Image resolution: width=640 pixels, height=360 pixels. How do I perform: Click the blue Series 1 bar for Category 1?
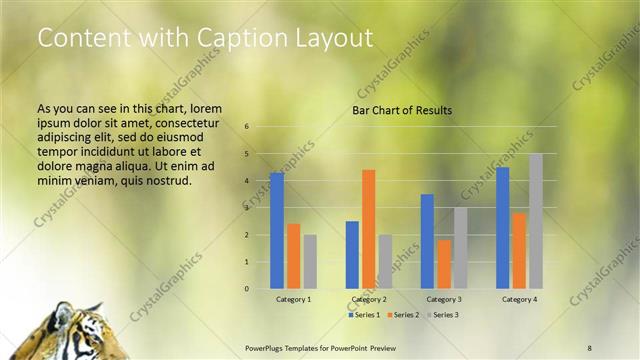[x=277, y=231]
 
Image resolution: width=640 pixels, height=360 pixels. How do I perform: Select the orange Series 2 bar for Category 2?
[x=368, y=229]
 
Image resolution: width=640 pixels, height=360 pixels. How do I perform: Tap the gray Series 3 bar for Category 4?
[x=535, y=221]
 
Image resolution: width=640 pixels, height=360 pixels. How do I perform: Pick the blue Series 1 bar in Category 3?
[x=427, y=241]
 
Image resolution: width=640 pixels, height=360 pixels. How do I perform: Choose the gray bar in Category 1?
[x=310, y=262]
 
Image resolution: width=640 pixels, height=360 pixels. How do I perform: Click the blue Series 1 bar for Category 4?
[x=502, y=228]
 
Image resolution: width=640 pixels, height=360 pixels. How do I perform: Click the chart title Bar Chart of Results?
[x=402, y=110]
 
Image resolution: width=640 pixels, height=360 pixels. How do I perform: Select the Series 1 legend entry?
[x=364, y=315]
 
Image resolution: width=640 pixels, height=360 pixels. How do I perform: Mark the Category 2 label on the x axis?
[x=368, y=299]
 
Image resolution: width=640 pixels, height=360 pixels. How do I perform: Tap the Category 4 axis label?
[x=518, y=299]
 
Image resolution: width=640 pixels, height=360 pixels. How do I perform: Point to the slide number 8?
[x=590, y=347]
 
